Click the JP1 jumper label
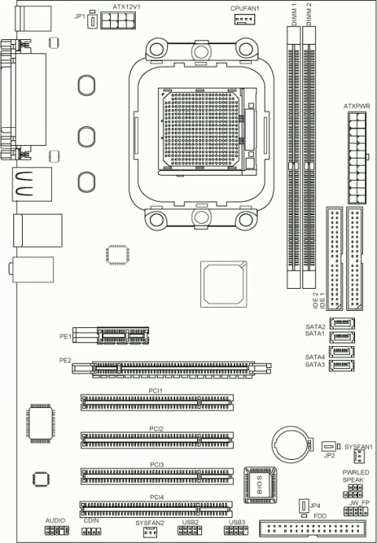tap(79, 15)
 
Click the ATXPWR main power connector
tap(355, 154)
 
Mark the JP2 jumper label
tap(329, 455)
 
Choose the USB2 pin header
tap(190, 531)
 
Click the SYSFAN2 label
tap(148, 521)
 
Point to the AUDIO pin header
tap(54, 531)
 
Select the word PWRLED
tap(355, 472)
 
